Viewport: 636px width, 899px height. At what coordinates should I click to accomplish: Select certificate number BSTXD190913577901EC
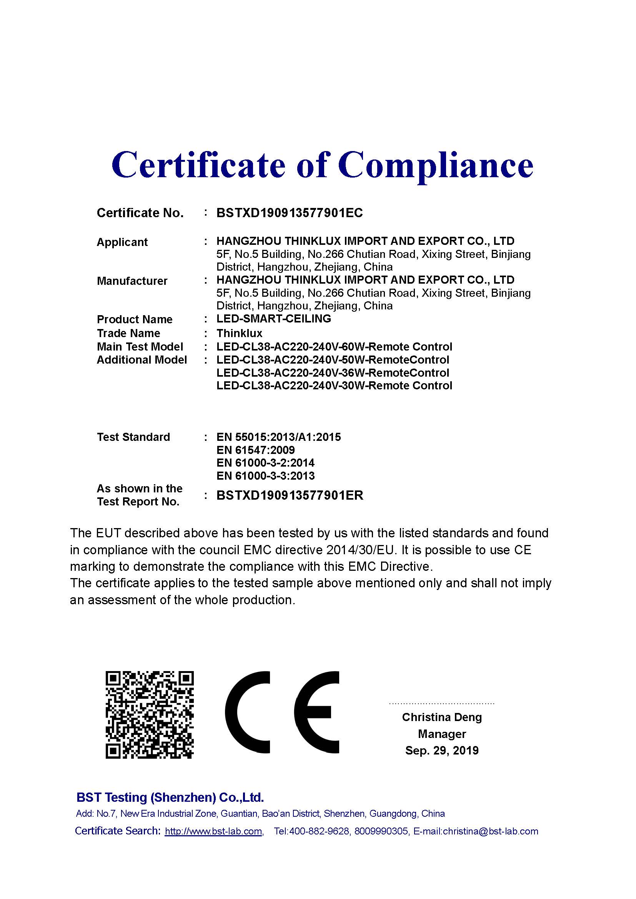290,213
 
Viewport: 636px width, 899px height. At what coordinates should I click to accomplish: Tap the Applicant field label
122,242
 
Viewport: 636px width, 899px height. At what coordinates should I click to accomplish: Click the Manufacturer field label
132,281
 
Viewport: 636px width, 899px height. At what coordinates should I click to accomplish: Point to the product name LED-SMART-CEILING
273,319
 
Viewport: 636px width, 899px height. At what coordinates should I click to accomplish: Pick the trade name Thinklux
239,333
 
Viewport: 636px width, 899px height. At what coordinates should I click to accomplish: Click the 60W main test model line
334,347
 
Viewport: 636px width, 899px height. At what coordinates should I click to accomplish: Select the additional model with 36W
333,373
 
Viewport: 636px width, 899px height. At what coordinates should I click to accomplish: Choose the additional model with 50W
333,360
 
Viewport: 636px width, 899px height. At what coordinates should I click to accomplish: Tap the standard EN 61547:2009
255,450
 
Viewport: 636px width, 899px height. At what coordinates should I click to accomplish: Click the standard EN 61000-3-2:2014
265,463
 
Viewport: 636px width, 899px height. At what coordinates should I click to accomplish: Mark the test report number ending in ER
290,495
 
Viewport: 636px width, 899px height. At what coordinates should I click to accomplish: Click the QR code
150,715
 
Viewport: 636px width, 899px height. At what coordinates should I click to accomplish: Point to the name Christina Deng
442,717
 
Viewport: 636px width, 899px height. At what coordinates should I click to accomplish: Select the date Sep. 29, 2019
442,750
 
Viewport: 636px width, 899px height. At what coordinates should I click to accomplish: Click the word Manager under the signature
442,734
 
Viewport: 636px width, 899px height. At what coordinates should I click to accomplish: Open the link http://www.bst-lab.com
213,831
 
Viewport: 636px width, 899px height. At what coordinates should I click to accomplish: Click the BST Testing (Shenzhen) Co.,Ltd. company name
170,797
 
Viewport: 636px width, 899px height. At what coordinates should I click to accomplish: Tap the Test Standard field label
133,437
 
